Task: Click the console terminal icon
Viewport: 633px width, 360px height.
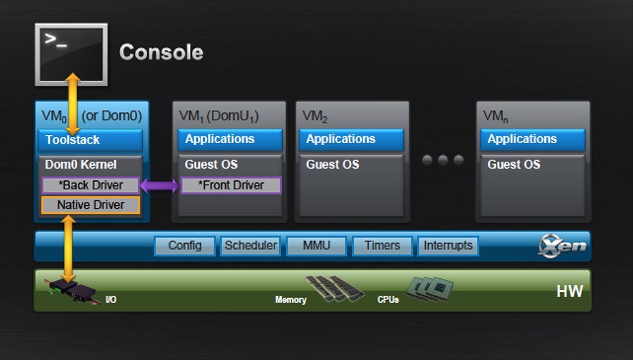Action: tap(71, 54)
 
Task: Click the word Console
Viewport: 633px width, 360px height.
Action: tap(161, 52)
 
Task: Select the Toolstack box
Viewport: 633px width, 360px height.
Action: tap(90, 140)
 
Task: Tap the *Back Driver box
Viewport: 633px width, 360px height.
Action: tap(90, 185)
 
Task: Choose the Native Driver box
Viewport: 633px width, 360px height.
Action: tap(90, 205)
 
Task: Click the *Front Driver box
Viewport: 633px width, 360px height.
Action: tap(231, 185)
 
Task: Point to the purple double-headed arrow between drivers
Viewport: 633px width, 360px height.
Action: tap(160, 185)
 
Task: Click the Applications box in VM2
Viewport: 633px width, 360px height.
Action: tap(351, 140)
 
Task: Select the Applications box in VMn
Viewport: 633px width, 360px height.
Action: tap(533, 140)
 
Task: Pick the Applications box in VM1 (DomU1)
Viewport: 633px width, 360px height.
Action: tap(230, 140)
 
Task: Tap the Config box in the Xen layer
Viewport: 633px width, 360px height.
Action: tap(185, 246)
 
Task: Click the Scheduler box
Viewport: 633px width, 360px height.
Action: tap(250, 246)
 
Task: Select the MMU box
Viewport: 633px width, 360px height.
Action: tap(316, 246)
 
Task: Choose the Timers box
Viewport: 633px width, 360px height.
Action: tap(383, 246)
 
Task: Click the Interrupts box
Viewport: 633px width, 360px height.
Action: tap(448, 246)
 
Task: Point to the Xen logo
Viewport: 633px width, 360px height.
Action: tap(562, 246)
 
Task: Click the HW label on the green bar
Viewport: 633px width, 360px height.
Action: tap(570, 291)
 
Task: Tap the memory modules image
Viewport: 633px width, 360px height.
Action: tap(335, 288)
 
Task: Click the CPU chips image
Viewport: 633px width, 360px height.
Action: tap(430, 289)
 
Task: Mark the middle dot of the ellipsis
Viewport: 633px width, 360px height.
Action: tap(443, 160)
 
